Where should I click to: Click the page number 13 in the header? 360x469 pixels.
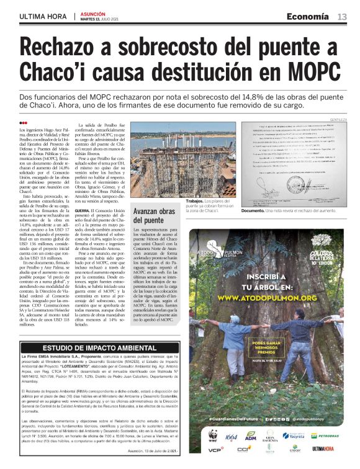coord(342,17)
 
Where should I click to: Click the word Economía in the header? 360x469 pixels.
coord(308,17)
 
